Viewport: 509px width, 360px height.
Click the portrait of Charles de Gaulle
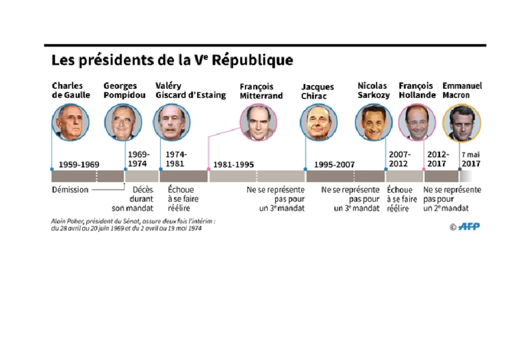tap(70, 122)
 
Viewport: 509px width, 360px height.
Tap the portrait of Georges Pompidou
tap(120, 122)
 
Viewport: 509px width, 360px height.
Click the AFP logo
tap(469, 226)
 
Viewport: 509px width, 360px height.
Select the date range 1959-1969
tap(79, 164)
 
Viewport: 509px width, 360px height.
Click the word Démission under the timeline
tap(70, 190)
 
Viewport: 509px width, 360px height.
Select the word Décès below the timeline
tap(143, 190)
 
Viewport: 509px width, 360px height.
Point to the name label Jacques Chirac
tap(318, 91)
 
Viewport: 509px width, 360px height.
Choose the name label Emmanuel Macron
tap(462, 90)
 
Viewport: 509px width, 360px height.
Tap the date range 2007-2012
tap(399, 158)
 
